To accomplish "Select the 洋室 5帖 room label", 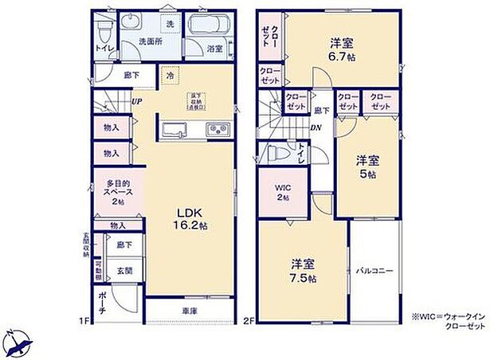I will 366,166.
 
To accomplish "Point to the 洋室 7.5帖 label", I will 304,271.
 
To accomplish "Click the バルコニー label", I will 374,271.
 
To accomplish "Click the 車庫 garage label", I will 189,311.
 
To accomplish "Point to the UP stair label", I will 137,102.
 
